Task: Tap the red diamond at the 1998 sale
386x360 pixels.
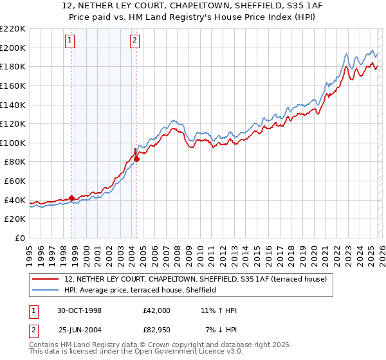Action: point(72,198)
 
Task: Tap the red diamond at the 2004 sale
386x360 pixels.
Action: point(136,159)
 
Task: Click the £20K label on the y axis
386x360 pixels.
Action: point(15,219)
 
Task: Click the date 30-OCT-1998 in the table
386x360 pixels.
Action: point(78,310)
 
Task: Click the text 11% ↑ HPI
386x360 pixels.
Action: point(219,310)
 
